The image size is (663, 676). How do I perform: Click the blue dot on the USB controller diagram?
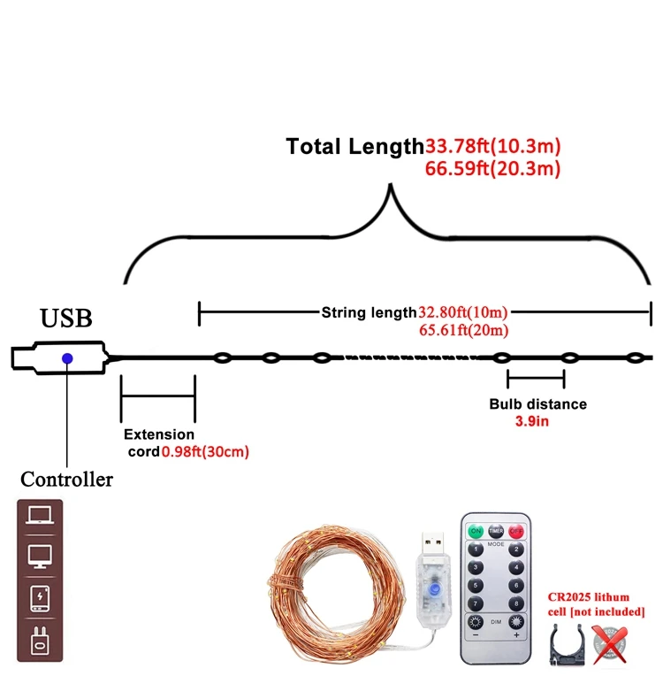click(65, 357)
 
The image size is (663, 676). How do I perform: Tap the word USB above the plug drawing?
click(65, 319)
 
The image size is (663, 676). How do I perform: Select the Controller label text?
click(67, 480)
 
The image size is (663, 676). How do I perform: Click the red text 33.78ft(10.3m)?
click(493, 146)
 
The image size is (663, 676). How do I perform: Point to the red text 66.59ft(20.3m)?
click(493, 168)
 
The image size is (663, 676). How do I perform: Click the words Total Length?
click(354, 147)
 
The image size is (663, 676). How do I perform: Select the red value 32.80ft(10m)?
click(463, 312)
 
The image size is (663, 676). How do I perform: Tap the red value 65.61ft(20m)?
click(463, 331)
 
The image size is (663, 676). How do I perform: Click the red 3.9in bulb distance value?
click(533, 421)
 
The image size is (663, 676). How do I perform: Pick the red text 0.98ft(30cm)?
click(205, 451)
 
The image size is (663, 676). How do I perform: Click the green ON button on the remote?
click(476, 532)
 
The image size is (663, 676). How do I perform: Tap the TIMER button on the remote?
click(496, 532)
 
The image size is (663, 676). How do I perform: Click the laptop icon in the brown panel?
click(41, 516)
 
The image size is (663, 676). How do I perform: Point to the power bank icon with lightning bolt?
click(41, 598)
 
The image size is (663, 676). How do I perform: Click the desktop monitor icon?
click(41, 557)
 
